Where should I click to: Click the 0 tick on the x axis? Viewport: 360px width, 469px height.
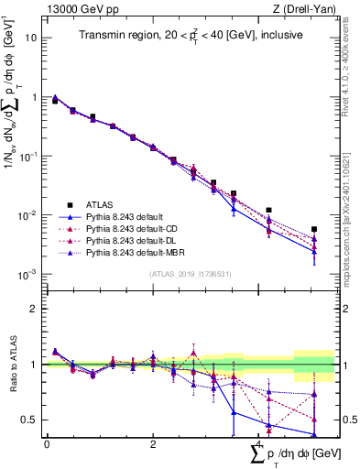tap(47, 444)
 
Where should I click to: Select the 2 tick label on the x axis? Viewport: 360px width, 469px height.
tap(153, 444)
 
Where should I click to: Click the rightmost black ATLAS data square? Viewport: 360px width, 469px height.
tap(314, 229)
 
